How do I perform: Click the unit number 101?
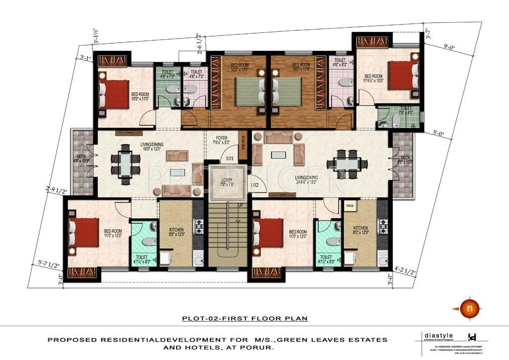click(229, 159)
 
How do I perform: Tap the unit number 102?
click(254, 184)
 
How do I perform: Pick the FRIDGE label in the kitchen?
click(349, 205)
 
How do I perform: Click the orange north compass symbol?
click(467, 308)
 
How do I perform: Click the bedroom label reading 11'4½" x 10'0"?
click(374, 79)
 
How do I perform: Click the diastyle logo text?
click(432, 336)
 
